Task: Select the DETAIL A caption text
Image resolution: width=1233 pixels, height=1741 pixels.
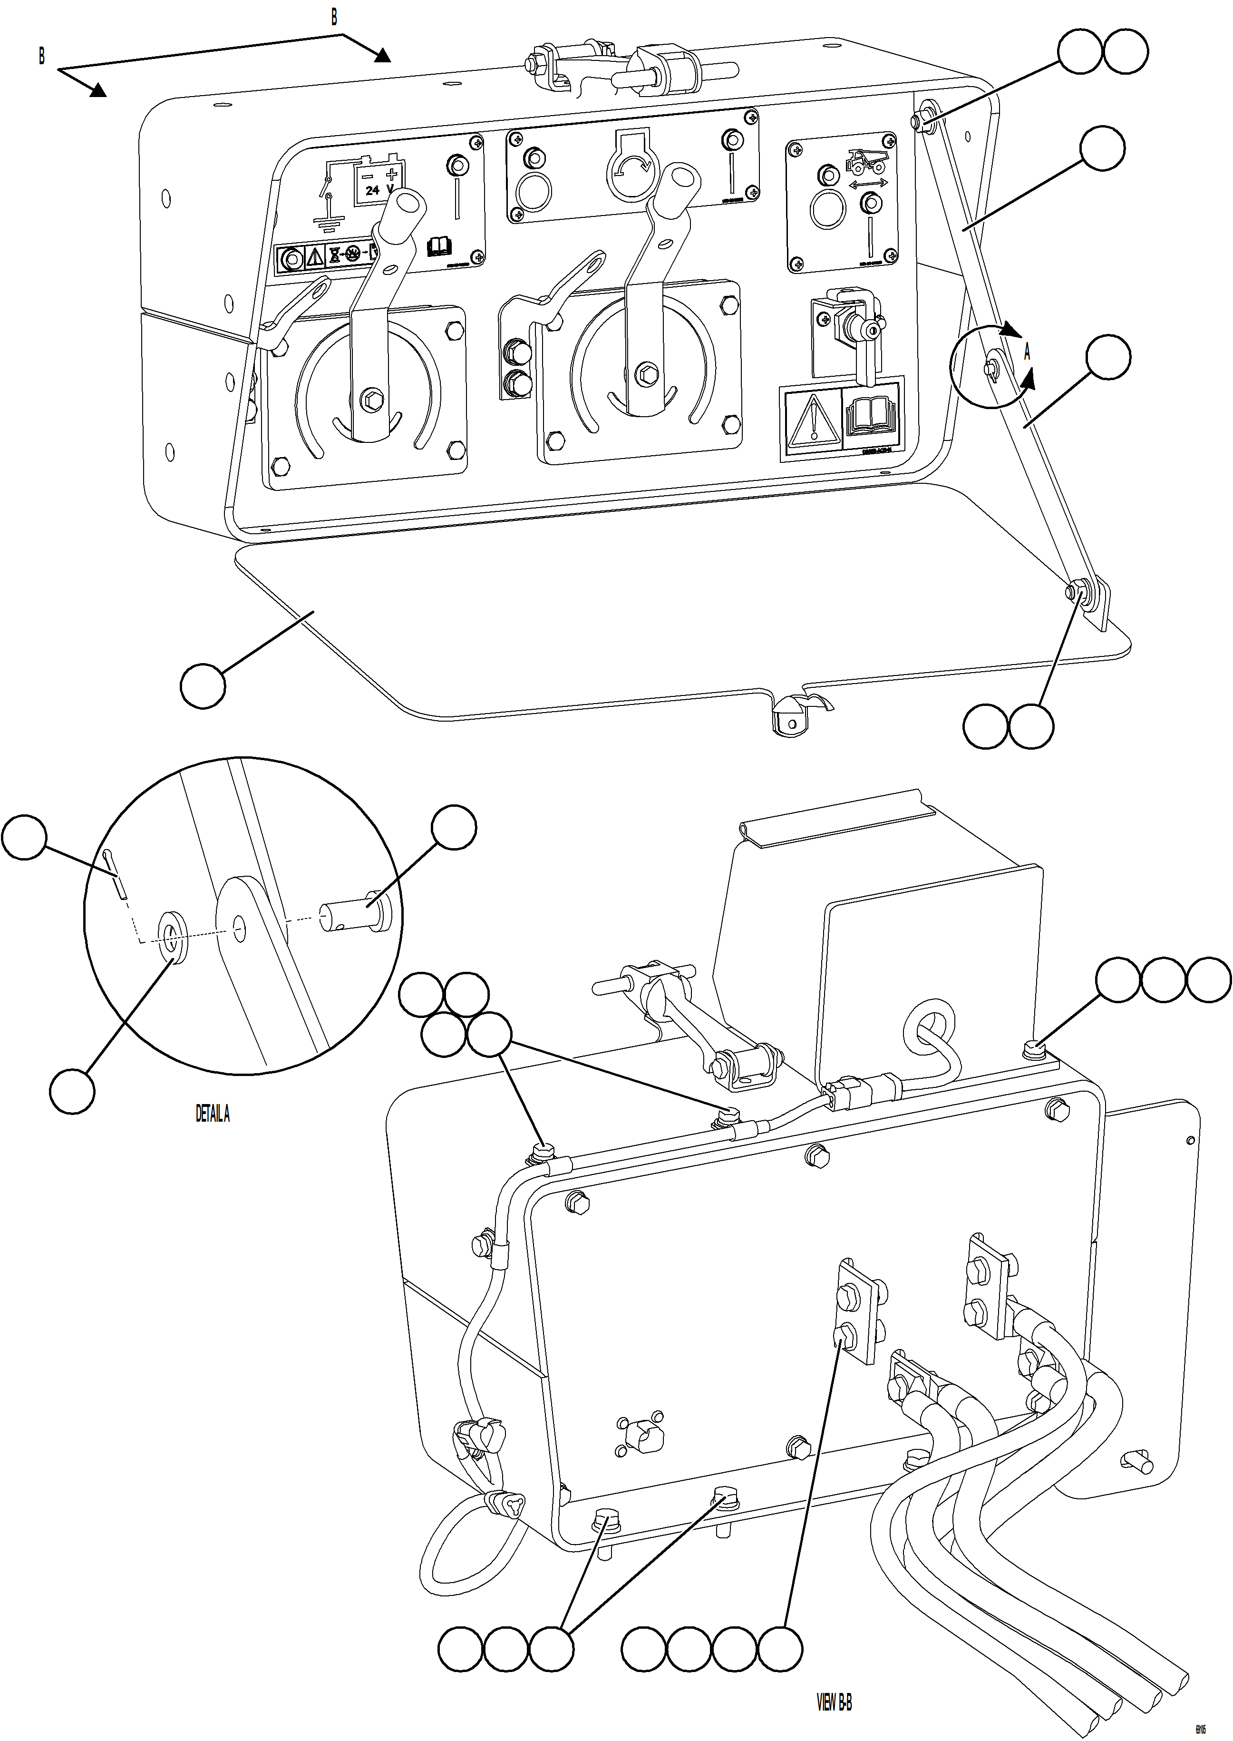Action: point(213,1115)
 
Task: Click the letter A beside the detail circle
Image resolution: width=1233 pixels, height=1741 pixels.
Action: point(1027,352)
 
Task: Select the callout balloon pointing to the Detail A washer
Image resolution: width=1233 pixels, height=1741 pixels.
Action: point(72,1092)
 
